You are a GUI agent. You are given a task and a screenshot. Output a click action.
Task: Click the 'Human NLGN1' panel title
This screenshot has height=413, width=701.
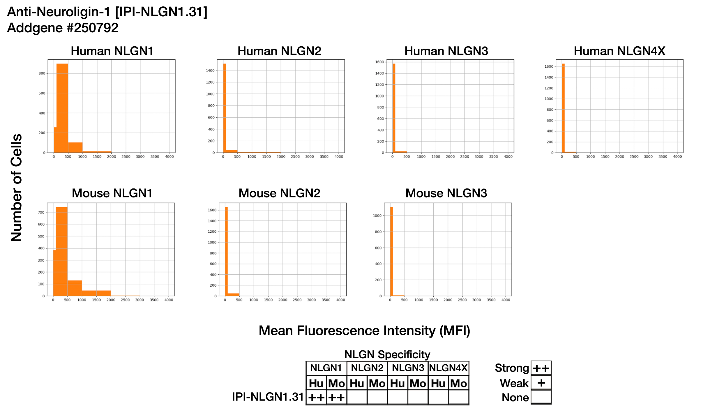[112, 51]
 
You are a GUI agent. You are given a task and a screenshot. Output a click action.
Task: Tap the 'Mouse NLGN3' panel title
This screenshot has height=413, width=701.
[446, 193]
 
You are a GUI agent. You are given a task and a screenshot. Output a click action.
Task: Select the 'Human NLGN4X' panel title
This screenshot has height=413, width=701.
[619, 51]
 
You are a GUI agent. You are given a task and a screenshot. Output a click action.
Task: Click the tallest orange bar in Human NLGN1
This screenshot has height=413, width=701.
[62, 108]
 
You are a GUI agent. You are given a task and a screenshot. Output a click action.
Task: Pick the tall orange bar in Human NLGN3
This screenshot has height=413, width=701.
[394, 108]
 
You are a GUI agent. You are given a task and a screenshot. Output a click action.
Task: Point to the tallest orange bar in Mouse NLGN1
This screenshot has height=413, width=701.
[61, 250]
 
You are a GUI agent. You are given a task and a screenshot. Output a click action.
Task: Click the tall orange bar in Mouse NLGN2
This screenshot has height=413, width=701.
[226, 250]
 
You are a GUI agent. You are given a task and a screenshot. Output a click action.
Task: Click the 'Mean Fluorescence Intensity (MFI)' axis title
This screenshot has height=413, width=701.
[364, 331]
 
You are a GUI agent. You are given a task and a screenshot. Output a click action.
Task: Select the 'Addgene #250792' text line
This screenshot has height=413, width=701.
[63, 28]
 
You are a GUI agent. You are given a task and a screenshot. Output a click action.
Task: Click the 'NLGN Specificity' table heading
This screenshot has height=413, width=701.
[387, 354]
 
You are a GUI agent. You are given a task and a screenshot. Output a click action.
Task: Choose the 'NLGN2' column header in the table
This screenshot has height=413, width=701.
[367, 368]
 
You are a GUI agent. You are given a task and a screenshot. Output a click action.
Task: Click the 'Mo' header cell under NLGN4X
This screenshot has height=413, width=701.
[459, 384]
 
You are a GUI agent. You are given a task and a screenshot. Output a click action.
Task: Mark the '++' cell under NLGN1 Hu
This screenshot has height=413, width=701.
[316, 398]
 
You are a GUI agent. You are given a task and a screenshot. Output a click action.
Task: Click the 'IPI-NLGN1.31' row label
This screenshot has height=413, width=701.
[268, 397]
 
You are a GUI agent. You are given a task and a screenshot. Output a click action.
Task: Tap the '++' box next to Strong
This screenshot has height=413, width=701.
[541, 368]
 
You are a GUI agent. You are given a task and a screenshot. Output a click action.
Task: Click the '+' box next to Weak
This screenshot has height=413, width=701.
[541, 383]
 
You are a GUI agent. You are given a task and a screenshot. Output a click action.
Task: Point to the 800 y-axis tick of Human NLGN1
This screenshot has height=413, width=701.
[42, 73]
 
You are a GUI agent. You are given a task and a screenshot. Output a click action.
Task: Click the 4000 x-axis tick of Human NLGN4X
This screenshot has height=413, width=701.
[677, 157]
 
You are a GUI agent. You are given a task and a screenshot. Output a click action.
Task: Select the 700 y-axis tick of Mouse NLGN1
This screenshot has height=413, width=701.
[41, 212]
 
